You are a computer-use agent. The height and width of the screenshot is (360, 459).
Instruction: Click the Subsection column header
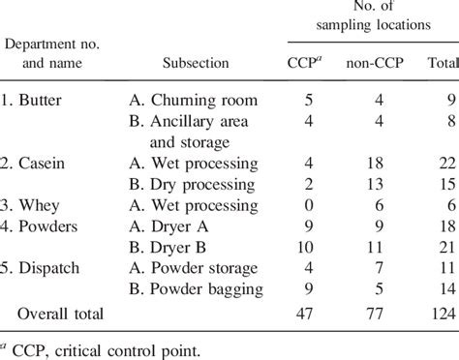pos(195,63)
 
